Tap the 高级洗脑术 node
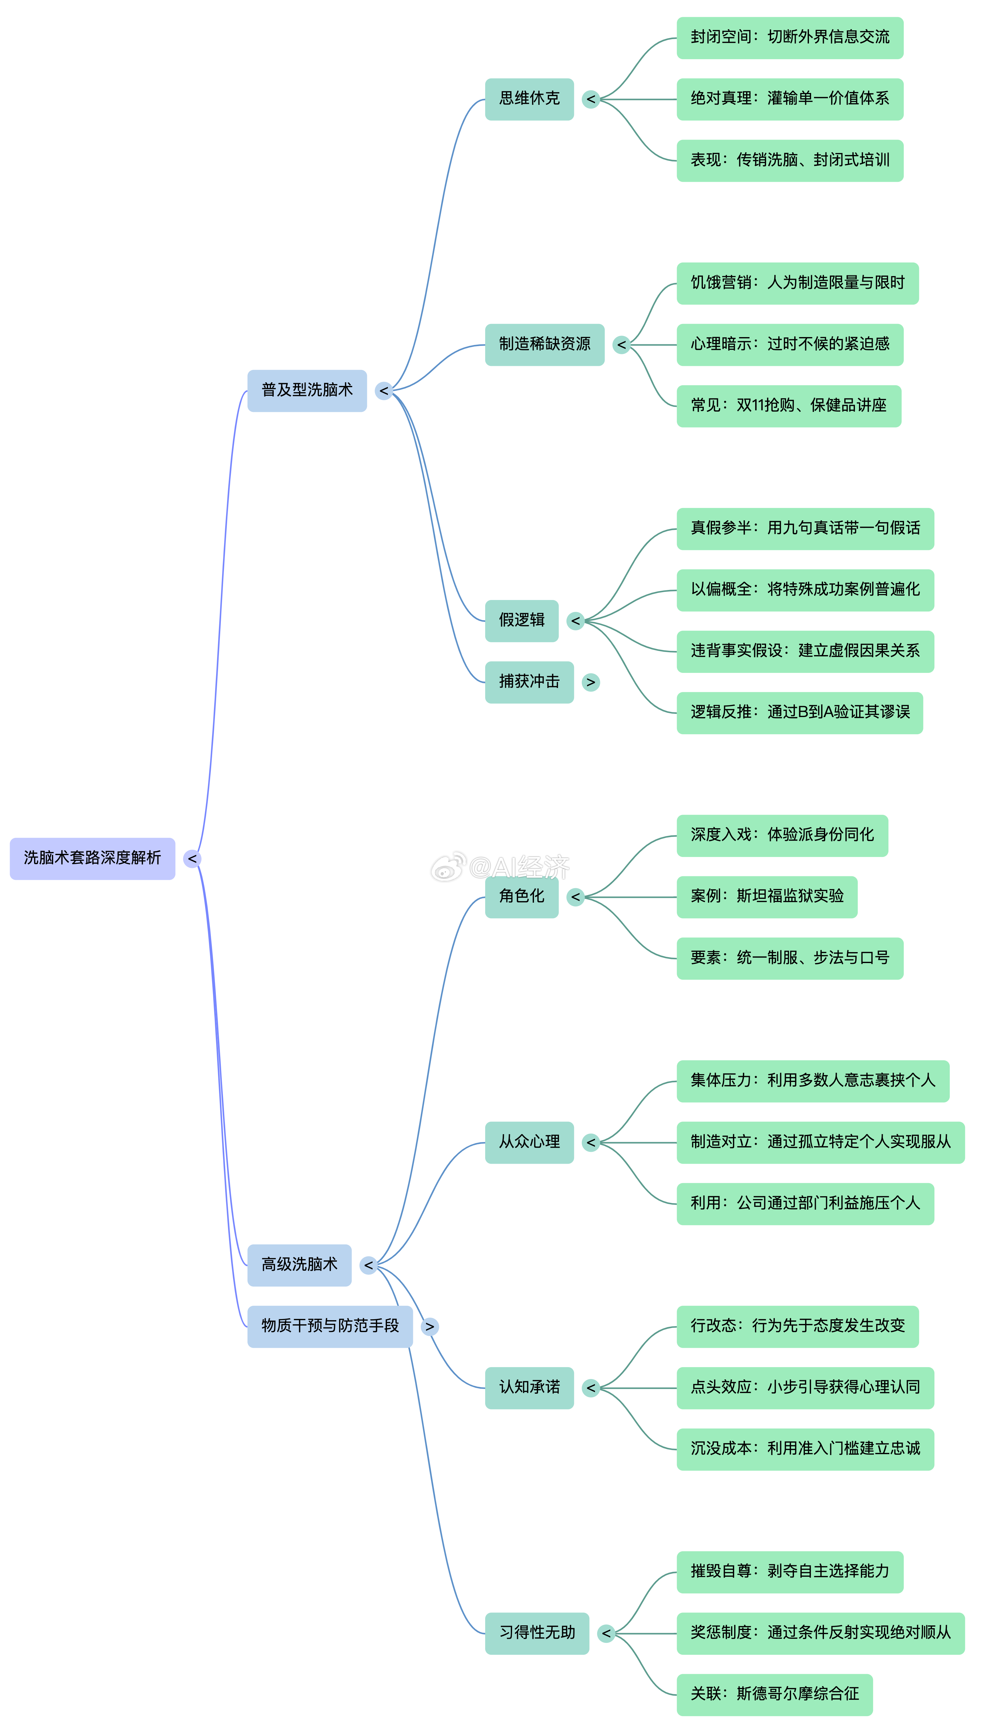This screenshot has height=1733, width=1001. (299, 1265)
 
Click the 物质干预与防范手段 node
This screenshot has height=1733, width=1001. (330, 1326)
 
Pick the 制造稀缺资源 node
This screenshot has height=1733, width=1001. (545, 345)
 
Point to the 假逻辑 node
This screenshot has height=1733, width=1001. (522, 621)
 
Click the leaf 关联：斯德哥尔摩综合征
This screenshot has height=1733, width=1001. (775, 1695)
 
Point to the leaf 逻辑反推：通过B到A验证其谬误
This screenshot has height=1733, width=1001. (800, 713)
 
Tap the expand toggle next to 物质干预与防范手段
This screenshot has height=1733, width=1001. (430, 1326)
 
